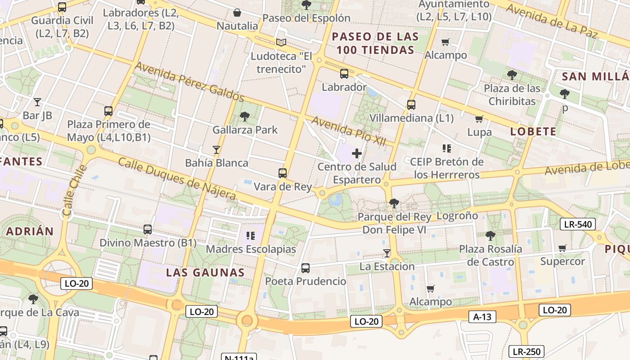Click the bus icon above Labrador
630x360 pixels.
pyautogui.click(x=344, y=74)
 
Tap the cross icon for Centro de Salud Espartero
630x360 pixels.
pyautogui.click(x=357, y=153)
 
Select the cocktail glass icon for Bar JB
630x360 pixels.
pyautogui.click(x=37, y=102)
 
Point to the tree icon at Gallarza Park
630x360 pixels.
pyautogui.click(x=245, y=117)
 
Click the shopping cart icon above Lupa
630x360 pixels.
pyautogui.click(x=479, y=119)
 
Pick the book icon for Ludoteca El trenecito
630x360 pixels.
pyautogui.click(x=281, y=43)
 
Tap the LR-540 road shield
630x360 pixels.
pyautogui.click(x=578, y=224)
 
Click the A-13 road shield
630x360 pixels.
pyautogui.click(x=482, y=317)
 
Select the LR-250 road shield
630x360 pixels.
pyautogui.click(x=526, y=351)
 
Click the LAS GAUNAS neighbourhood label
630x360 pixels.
pyautogui.click(x=205, y=272)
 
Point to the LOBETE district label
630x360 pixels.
pyautogui.click(x=533, y=131)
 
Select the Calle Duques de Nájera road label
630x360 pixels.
pyautogui.click(x=177, y=179)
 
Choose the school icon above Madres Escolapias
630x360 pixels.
pyautogui.click(x=251, y=235)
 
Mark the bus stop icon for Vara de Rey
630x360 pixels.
pyautogui.click(x=283, y=173)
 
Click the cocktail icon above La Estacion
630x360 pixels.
pyautogui.click(x=387, y=253)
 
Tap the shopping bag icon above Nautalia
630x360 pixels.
pyautogui.click(x=237, y=13)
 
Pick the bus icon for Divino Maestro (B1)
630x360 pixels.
pyautogui.click(x=148, y=229)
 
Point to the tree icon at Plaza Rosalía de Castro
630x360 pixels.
pyautogui.click(x=490, y=235)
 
